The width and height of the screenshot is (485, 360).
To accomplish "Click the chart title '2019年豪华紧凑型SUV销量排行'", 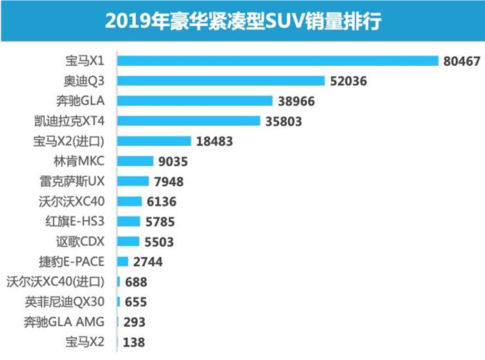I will [242, 21].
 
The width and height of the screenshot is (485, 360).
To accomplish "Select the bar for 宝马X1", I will [278, 61].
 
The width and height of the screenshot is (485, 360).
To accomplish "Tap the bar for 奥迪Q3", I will [221, 81].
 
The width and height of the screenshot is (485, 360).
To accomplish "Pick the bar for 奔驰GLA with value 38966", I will [195, 101].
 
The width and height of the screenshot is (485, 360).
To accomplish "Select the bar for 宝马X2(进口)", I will [154, 141].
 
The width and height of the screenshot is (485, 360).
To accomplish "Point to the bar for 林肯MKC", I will [135, 161].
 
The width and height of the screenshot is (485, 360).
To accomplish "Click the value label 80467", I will [461, 61].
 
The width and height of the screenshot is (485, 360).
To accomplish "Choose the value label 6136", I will [161, 201].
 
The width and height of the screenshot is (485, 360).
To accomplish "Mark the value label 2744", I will [148, 262].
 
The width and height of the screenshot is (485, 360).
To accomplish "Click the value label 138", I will [134, 342].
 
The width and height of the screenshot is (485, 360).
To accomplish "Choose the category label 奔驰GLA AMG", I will [71, 322].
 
